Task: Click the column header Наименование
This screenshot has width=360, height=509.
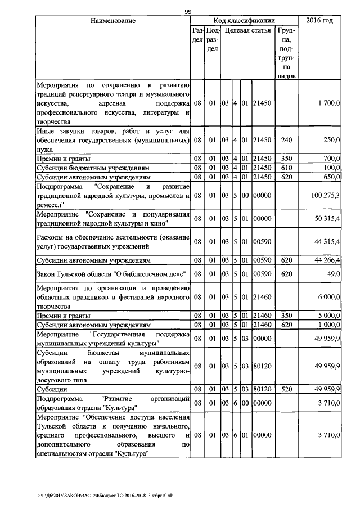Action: pos(112,21)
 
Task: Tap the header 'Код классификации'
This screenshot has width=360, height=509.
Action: pos(245,21)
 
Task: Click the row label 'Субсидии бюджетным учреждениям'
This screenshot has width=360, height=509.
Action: pos(93,168)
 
